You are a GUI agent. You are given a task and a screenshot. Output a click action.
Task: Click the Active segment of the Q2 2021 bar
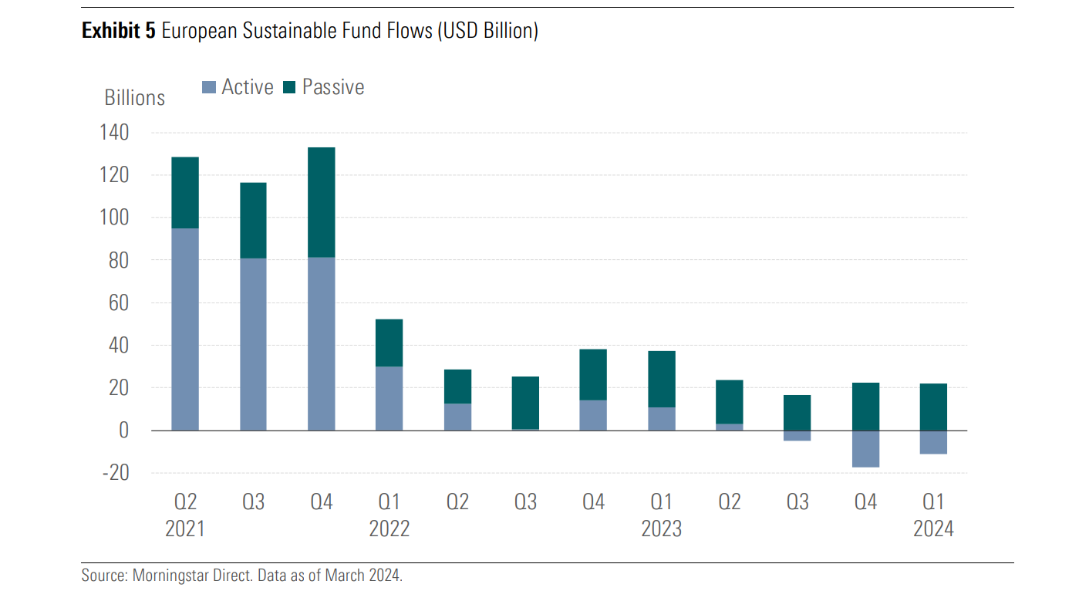tap(185, 329)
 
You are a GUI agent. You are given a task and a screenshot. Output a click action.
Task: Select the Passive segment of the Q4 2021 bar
tap(321, 202)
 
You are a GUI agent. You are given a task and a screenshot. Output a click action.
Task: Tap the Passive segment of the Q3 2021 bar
tap(253, 221)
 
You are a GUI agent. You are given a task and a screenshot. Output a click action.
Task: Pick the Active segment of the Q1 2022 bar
tap(389, 398)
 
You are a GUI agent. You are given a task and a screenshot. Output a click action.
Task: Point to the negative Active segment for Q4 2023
tap(865, 448)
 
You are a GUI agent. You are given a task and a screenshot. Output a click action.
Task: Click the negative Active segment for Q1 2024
tap(933, 442)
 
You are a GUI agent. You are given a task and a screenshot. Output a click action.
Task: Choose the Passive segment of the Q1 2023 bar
tap(661, 379)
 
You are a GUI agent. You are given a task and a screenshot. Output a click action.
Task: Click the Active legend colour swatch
tap(209, 88)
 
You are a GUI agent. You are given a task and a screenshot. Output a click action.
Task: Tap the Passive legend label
tap(333, 87)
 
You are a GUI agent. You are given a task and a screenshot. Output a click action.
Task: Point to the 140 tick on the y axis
tap(114, 133)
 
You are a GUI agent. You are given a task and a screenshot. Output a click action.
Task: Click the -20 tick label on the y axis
tap(115, 473)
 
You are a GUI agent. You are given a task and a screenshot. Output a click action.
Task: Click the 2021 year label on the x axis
tap(185, 529)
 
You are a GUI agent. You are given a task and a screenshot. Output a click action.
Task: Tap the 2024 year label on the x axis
tap(933, 529)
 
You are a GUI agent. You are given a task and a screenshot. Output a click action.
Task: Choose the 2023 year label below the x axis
tap(661, 529)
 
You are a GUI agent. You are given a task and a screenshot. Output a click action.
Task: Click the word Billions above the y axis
tap(135, 98)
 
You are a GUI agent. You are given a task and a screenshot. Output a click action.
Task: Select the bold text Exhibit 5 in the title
tap(118, 31)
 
